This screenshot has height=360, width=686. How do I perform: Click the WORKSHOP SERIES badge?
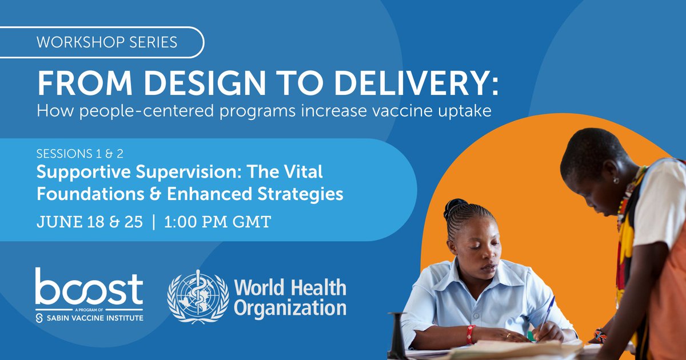[x=106, y=42]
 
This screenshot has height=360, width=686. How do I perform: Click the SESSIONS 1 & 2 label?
[x=80, y=154]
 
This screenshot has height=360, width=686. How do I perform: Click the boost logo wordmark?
[x=89, y=289]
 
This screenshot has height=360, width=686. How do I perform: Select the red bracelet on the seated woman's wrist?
[x=470, y=334]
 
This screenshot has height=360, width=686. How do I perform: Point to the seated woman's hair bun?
[x=457, y=206]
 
